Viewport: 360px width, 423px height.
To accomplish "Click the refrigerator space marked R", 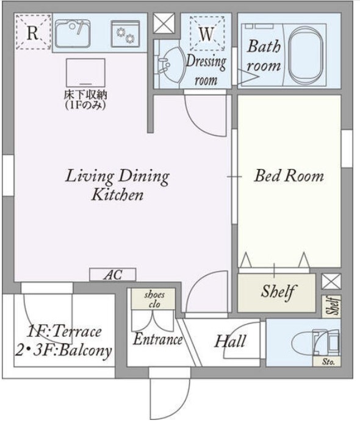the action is pos(33,32).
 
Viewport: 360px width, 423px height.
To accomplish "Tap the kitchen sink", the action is pos(73,34).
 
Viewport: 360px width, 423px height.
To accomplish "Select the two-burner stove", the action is pos(126,34).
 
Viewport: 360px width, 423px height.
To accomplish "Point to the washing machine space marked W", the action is pos(207,34).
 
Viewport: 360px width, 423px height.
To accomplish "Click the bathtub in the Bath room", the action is pos(306,56).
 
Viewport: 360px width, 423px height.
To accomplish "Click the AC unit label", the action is pos(113,275).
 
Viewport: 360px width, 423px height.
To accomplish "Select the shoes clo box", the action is pos(153,299).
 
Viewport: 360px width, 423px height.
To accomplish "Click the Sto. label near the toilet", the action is pos(328,361).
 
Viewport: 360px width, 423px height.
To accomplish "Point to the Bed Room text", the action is pos(289,176).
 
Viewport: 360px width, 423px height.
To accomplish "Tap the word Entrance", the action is pos(158,339).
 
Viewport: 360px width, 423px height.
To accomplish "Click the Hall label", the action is pos(230,341).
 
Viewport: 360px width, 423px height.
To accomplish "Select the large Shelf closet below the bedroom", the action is pos(276,293).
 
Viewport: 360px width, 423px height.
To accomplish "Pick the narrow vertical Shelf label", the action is pos(331,306).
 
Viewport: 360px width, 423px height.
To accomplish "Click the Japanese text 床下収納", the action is pos(85,95).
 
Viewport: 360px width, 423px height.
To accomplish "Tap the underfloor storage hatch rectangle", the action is pos(85,73).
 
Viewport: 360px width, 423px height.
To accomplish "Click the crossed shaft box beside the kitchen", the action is pos(164,23).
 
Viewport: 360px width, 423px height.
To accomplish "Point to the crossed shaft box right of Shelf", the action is pos(331,281).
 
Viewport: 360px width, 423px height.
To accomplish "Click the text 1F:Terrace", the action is pos(64,331).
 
